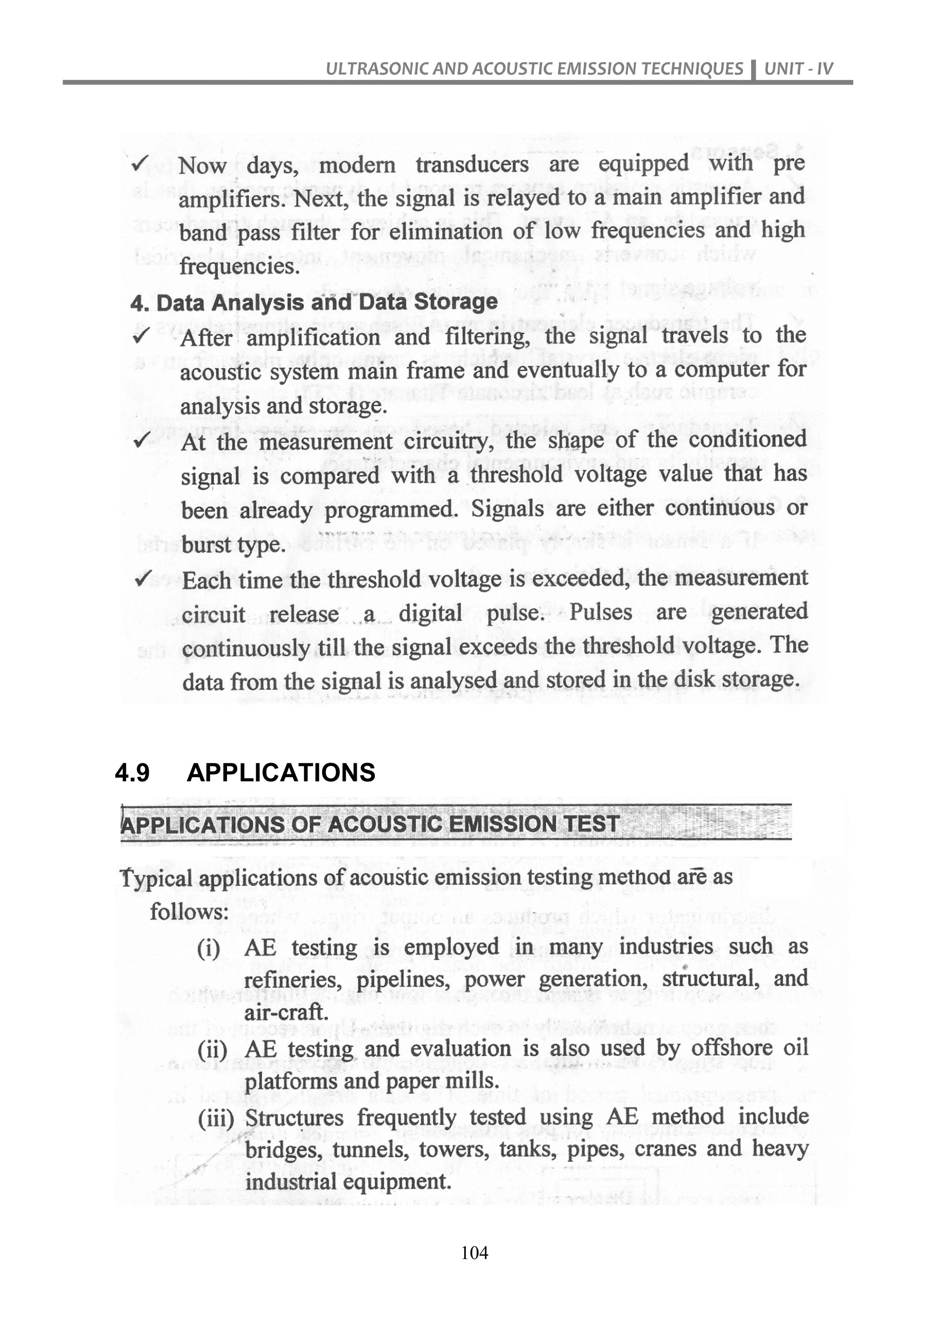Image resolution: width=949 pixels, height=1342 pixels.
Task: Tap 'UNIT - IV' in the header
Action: pos(798,69)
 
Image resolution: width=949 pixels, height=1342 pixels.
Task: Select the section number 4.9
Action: pos(133,772)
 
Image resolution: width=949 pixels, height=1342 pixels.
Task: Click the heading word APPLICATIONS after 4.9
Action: pos(281,772)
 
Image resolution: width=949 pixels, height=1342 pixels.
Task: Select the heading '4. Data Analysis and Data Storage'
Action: pos(314,303)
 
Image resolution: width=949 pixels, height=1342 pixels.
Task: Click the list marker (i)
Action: pos(209,948)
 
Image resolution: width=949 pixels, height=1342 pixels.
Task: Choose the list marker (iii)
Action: pos(215,1119)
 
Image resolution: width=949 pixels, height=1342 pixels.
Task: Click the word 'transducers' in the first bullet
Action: pos(472,165)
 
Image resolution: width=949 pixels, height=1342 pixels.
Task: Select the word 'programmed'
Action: pos(390,510)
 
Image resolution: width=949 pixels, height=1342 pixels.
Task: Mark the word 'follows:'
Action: pos(189,912)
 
